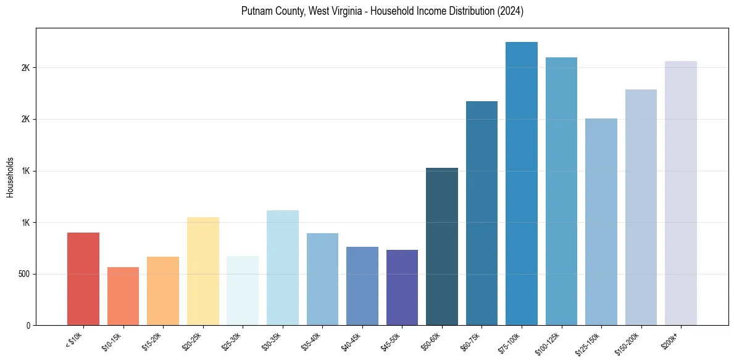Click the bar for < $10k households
point(83,279)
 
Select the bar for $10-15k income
point(123,296)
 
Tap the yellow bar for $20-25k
point(202,271)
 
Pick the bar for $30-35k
point(282,268)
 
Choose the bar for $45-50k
point(402,287)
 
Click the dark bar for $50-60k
point(442,247)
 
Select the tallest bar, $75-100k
point(522,184)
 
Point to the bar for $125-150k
point(601,222)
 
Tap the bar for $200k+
point(681,193)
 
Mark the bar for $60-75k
point(482,213)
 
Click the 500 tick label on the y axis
point(25,274)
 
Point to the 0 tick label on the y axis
point(28,326)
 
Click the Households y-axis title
point(10,177)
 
